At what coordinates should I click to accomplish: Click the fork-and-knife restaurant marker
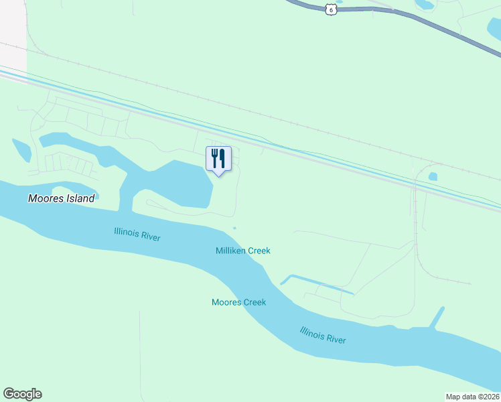[218, 159]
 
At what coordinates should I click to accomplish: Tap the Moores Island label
[61, 198]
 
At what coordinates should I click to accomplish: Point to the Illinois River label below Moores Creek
[323, 335]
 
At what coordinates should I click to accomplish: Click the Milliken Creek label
[242, 251]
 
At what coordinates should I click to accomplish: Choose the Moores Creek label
[238, 302]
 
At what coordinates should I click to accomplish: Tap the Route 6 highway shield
[330, 8]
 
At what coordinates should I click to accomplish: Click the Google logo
[22, 394]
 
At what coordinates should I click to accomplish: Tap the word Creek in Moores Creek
[255, 302]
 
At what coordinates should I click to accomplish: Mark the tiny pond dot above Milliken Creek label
[234, 228]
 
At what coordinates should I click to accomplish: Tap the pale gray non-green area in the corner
[12, 30]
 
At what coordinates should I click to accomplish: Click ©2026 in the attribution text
[487, 397]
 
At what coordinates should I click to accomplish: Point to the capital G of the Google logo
[9, 394]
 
